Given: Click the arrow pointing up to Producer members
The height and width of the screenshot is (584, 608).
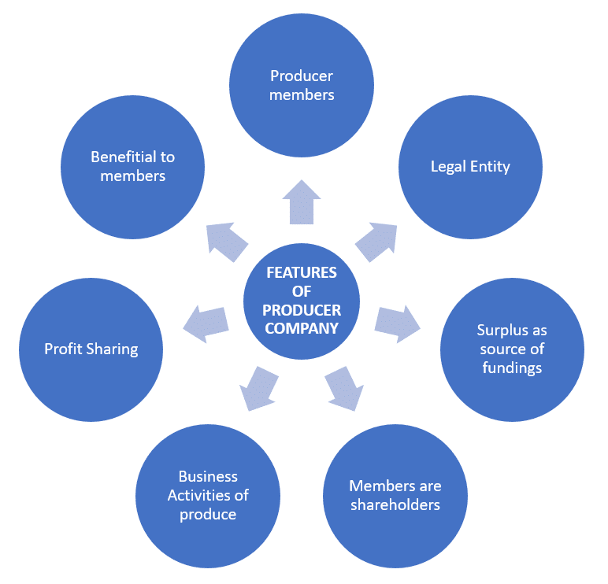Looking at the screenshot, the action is coord(302,203).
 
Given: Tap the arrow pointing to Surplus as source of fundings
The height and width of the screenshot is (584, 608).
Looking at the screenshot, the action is coord(398,323).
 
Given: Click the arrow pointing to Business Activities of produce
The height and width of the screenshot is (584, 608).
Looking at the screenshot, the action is coord(258,388).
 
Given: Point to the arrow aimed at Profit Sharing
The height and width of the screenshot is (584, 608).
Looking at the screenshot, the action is coord(206,323).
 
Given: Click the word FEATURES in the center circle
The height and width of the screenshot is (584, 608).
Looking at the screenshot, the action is coord(302,272).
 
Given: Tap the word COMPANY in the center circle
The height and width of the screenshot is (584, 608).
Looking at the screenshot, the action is coord(302,329).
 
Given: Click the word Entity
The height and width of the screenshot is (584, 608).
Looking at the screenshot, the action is coord(490,167).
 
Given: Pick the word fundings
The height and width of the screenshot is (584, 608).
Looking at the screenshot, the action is coord(512,368).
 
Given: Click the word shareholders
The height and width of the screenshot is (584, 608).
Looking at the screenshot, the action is coord(395,505).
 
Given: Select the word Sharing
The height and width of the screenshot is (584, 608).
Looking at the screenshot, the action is coord(112,349).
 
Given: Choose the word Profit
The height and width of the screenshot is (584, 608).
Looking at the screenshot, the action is coord(63,349).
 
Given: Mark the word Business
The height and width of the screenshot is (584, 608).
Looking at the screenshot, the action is coord(208,477).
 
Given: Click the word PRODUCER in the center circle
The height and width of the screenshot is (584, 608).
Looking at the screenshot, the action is coord(302,310).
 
